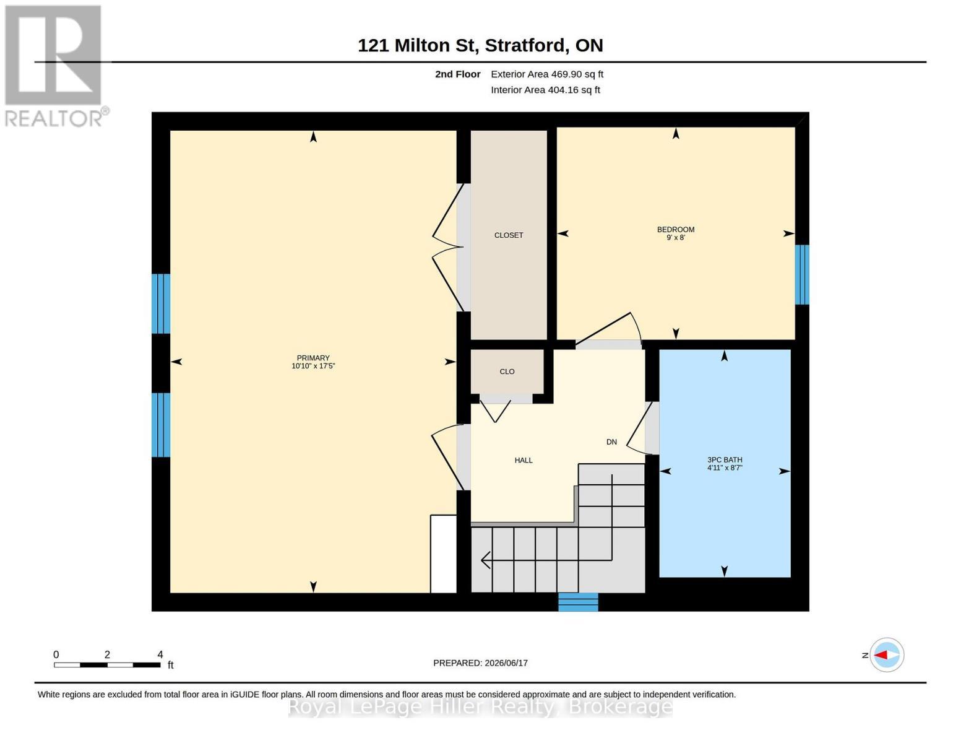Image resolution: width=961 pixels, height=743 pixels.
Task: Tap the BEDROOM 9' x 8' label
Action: click(675, 233)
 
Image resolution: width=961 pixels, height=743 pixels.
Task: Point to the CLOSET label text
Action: click(509, 235)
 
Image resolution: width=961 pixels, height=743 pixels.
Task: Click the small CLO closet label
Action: click(507, 371)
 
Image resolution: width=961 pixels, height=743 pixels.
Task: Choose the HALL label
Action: click(523, 460)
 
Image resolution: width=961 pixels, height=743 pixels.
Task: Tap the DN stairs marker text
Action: click(611, 442)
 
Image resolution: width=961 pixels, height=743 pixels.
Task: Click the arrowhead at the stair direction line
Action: click(486, 560)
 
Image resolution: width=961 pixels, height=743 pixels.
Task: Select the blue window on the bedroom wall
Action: click(802, 274)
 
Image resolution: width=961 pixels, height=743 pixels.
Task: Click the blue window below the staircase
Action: click(578, 602)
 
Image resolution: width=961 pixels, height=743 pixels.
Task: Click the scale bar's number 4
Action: click(160, 654)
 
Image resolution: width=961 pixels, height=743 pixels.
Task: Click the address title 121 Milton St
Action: click(416, 45)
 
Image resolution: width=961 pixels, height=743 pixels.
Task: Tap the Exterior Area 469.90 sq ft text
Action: click(547, 74)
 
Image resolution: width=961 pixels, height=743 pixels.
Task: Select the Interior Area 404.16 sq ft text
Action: click(545, 90)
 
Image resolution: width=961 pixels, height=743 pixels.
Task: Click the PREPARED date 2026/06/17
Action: click(506, 663)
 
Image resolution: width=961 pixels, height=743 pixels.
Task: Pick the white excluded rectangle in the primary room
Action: click(443, 554)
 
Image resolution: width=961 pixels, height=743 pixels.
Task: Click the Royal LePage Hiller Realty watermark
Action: click(480, 707)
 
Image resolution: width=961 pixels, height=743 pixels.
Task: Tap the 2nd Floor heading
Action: click(457, 74)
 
